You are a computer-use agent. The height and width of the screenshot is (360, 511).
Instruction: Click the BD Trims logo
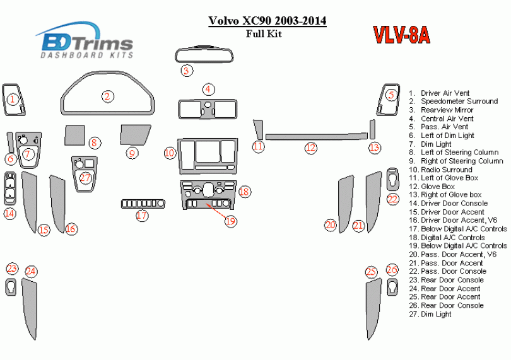point(85,41)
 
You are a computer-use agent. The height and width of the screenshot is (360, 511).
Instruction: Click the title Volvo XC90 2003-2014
point(267,21)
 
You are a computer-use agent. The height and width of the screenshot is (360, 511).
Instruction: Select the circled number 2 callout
point(108,96)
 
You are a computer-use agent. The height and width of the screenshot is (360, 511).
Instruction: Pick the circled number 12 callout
point(310,148)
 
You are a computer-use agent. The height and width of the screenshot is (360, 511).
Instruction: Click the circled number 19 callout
point(230,221)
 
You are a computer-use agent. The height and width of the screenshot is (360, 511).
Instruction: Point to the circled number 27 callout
point(85,178)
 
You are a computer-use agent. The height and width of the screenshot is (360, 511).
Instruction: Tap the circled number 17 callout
point(142,216)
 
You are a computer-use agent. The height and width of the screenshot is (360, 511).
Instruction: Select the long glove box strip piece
point(314,136)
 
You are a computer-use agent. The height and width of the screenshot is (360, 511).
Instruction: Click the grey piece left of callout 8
point(74,135)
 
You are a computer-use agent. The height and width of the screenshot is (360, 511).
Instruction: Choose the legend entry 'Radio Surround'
point(446,170)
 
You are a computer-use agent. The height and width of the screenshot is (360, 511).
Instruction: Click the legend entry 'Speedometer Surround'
point(459,102)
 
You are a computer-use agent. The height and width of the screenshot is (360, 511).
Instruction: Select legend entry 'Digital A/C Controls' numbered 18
point(452,238)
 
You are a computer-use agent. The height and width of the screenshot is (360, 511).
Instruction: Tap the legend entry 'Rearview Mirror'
point(447,110)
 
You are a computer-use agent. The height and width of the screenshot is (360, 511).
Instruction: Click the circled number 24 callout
point(31,272)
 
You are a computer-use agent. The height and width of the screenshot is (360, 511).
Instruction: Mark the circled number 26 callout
point(392,270)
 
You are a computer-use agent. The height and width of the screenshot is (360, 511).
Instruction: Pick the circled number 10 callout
point(169,153)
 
